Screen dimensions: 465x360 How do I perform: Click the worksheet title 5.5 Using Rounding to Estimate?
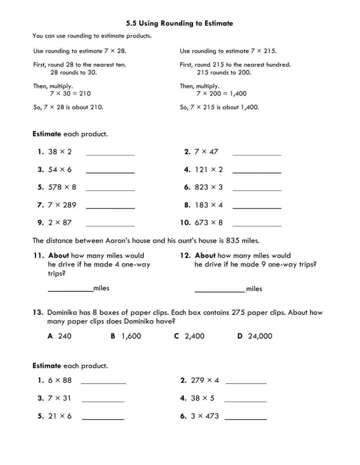coord(179,23)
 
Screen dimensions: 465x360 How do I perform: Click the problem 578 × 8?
coord(62,187)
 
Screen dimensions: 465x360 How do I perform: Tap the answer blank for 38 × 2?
coord(110,153)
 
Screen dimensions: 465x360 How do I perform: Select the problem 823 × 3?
coord(209,187)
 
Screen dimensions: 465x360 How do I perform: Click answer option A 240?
coord(60,336)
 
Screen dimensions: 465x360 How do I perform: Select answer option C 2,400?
coord(189,336)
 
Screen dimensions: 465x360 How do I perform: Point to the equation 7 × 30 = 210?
coord(70,94)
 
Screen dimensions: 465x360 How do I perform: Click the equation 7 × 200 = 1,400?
coord(221,94)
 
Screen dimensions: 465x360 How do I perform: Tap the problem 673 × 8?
coord(209,223)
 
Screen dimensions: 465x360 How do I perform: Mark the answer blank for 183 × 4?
coord(257,207)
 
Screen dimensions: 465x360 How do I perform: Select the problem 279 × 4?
coord(205,381)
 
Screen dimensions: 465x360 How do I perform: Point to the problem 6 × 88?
coord(60,381)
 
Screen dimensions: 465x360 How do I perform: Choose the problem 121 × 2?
coord(209,169)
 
